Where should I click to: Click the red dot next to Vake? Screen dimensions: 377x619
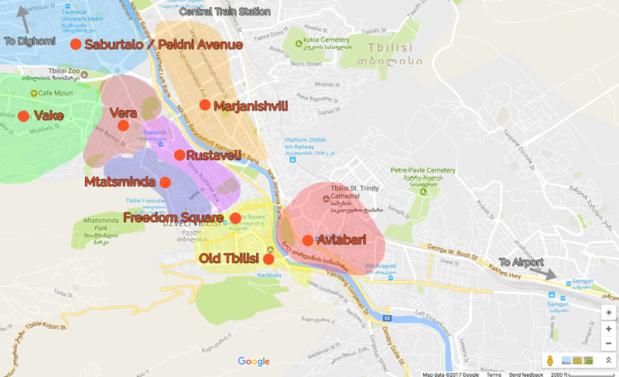click(23, 116)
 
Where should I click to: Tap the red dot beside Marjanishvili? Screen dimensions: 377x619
click(204, 105)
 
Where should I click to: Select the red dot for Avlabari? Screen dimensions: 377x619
click(308, 240)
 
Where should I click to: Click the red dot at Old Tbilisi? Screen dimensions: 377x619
click(268, 259)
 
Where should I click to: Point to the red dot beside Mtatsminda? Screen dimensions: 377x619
click(165, 182)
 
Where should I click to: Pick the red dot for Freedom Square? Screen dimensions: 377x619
click(235, 218)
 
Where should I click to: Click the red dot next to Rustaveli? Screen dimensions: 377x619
click(180, 155)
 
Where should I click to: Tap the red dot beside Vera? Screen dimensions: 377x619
click(123, 125)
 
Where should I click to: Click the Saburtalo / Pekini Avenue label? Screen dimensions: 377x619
click(163, 45)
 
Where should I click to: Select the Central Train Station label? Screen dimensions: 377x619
click(224, 12)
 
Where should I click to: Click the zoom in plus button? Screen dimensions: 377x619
click(609, 329)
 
